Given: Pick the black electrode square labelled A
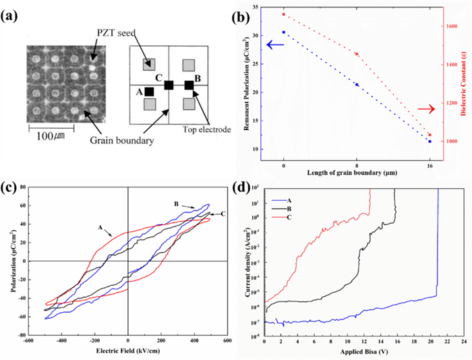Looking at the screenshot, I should point(149,92).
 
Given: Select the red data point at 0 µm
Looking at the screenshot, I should point(284,14).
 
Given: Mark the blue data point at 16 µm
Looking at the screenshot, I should point(430,142).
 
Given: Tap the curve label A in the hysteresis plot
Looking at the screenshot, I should point(99,229).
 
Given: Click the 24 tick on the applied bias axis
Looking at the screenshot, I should point(463,340).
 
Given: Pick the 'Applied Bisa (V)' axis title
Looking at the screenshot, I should point(364,351).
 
